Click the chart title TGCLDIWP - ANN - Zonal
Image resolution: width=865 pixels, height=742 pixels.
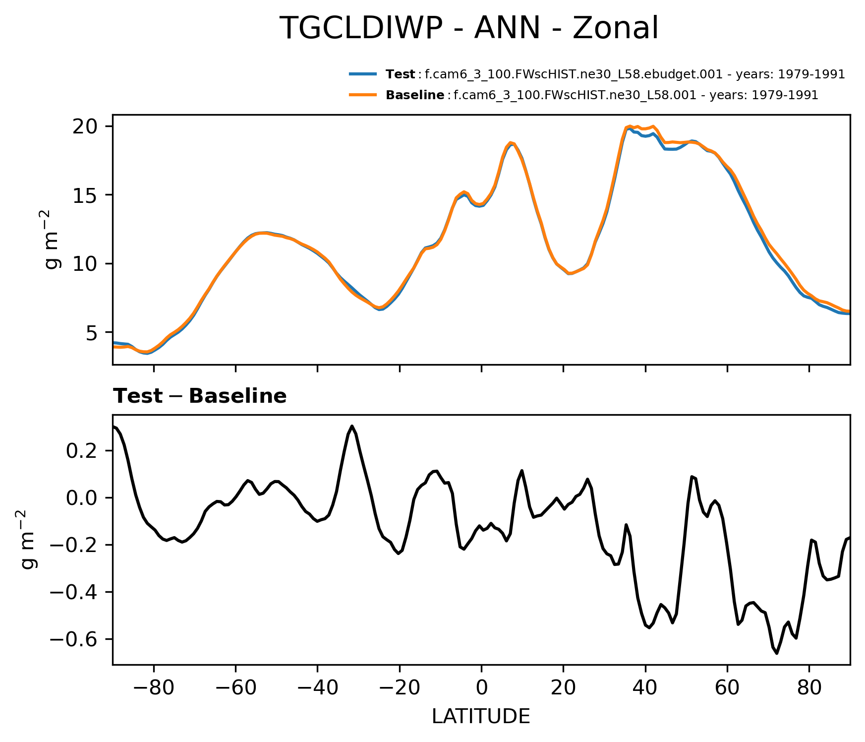[x=469, y=28]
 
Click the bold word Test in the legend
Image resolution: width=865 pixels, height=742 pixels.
[x=400, y=74]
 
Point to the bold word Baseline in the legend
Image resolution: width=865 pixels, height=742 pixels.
[x=415, y=95]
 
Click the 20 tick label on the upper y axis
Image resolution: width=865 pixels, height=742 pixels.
[x=85, y=126]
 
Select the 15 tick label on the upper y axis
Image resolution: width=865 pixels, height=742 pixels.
[x=85, y=195]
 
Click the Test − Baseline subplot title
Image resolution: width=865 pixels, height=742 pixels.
[x=200, y=396]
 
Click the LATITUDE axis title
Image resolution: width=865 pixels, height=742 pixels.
[x=481, y=716]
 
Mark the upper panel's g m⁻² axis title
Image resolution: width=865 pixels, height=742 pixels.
[x=52, y=239]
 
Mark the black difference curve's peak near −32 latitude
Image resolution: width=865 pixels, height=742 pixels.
[x=352, y=426]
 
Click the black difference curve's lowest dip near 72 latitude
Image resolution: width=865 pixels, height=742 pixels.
[x=777, y=653]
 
